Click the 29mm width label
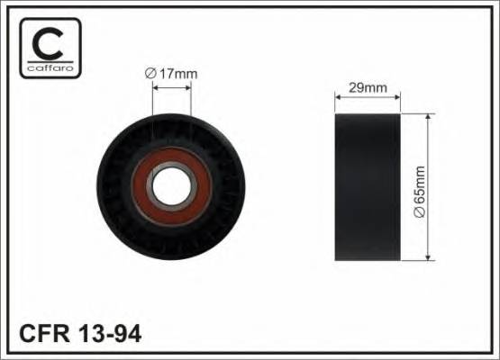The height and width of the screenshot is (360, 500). click(x=367, y=88)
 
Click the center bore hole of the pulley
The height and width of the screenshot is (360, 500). click(x=171, y=187)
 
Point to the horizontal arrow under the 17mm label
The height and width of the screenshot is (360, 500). click(x=171, y=87)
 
